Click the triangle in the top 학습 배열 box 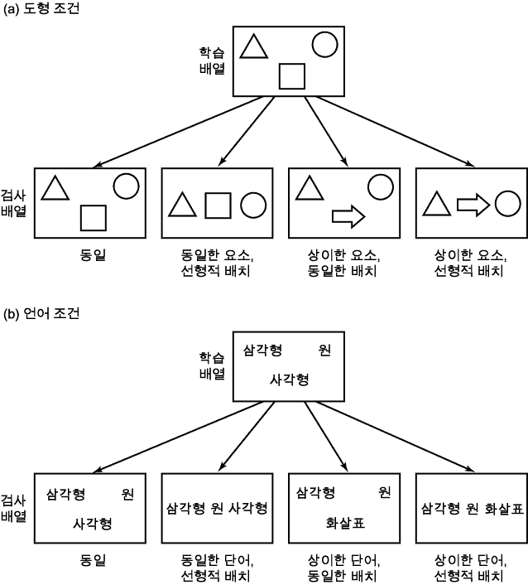(254, 47)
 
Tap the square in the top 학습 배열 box (292, 75)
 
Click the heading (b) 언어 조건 (42, 316)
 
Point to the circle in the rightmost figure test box (506, 203)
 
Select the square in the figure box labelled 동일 (94, 217)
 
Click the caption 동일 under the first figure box (91, 254)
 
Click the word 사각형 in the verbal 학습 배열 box (290, 379)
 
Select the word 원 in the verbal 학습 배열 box (324, 351)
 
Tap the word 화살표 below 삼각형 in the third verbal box (341, 522)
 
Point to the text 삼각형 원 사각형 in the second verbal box (217, 508)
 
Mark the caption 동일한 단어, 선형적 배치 (217, 569)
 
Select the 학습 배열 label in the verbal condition (212, 365)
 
